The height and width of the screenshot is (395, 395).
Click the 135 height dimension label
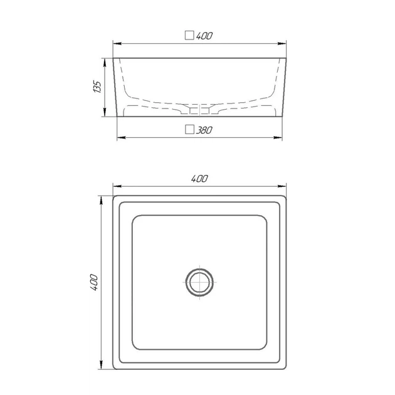tap(97, 87)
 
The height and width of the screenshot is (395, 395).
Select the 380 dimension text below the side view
tap(204, 130)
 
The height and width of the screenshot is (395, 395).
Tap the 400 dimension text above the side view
tap(204, 36)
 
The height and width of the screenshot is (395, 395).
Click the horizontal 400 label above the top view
tap(199, 179)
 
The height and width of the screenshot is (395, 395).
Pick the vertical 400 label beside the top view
tap(94, 282)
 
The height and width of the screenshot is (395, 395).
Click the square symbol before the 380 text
tap(189, 130)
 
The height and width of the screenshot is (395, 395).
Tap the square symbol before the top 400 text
tap(189, 35)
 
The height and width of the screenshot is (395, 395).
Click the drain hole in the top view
tap(199, 282)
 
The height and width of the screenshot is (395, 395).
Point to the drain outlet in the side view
tap(199, 110)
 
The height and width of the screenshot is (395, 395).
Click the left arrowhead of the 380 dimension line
tap(122, 137)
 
